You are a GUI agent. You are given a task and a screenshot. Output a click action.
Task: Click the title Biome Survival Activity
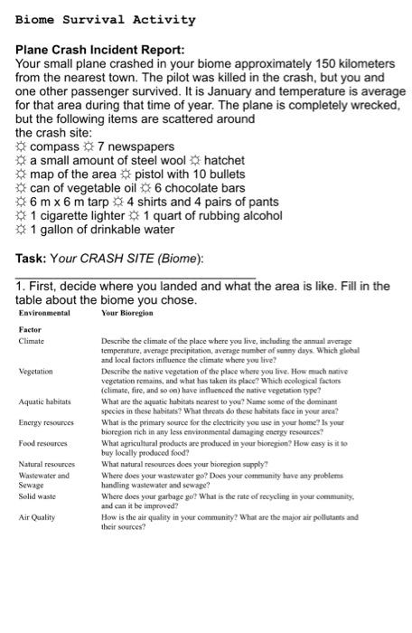pyautogui.click(x=105, y=19)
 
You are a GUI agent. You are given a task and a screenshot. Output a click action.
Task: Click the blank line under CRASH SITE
pyautogui.click(x=136, y=274)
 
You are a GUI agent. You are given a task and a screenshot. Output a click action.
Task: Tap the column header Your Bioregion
pyautogui.click(x=126, y=313)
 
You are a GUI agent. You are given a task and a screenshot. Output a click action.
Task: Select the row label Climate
pyautogui.click(x=32, y=341)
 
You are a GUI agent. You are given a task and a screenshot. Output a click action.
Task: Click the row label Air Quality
pyautogui.click(x=37, y=518)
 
